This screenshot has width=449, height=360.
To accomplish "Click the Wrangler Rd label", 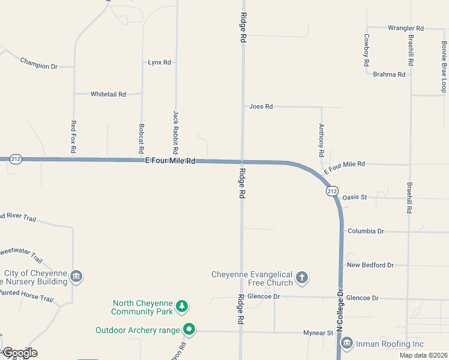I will click(406, 28).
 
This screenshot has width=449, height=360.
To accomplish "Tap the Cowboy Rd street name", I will click(366, 50).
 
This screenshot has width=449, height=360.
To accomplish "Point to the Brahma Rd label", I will click(389, 74).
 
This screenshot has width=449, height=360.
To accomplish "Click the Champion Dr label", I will click(38, 63).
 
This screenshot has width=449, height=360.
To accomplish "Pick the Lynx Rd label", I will click(160, 62).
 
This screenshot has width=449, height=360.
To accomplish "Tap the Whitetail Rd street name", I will click(108, 94).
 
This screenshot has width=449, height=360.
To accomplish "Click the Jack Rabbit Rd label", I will click(176, 130).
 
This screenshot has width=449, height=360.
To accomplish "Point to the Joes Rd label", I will click(261, 106).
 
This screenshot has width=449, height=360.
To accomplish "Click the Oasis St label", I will click(354, 197).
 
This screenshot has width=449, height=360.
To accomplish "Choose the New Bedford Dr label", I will click(370, 265).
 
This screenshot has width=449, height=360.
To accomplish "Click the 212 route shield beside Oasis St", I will click(332, 191).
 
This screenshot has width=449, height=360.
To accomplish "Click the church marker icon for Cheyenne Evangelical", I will click(302, 277).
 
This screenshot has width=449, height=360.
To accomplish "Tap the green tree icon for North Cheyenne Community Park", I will click(182, 307).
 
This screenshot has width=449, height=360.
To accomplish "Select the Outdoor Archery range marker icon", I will click(189, 329).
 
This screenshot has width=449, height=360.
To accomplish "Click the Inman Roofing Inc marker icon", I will click(346, 344).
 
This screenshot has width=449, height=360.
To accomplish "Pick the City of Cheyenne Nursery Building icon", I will click(76, 277).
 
